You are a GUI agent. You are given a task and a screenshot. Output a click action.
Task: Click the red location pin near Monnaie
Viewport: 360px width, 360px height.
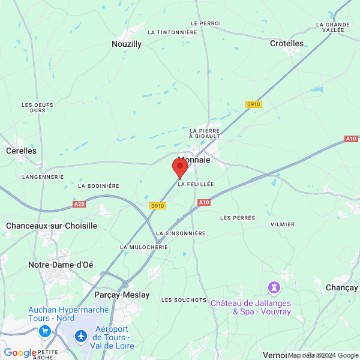point(180,167)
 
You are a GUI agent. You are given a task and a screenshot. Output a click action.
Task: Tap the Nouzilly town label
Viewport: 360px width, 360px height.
point(127,44)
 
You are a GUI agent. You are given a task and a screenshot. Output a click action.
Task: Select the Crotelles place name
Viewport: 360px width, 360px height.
point(287,43)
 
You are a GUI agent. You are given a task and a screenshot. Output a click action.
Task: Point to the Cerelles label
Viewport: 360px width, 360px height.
point(22,151)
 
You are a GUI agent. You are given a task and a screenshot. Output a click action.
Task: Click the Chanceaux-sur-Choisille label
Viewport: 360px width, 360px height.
point(51,226)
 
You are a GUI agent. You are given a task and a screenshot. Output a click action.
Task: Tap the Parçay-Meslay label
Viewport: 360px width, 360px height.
point(122,295)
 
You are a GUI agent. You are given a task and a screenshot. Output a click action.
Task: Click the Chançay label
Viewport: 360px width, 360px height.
point(341,288)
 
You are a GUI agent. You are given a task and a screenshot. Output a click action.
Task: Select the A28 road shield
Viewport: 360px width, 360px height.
point(79,205)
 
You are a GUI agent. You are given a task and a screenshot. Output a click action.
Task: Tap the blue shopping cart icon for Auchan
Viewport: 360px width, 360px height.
point(44,331)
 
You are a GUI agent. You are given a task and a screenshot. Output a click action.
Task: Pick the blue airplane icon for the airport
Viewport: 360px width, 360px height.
point(80,337)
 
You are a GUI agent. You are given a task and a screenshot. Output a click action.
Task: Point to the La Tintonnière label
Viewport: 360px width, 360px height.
point(172,32)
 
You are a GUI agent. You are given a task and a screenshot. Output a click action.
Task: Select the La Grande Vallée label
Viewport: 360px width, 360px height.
point(333,28)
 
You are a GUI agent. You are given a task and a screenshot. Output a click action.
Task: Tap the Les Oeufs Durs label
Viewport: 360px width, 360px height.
point(37,107)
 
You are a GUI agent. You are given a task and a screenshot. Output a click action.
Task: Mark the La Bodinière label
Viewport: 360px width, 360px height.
point(98,186)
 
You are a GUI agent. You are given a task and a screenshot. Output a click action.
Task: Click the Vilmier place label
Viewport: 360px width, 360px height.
point(283,224)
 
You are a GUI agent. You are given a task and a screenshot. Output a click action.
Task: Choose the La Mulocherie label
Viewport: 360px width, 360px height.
point(144,247)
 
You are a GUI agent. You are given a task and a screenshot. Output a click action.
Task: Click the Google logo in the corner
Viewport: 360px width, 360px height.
point(20,353)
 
